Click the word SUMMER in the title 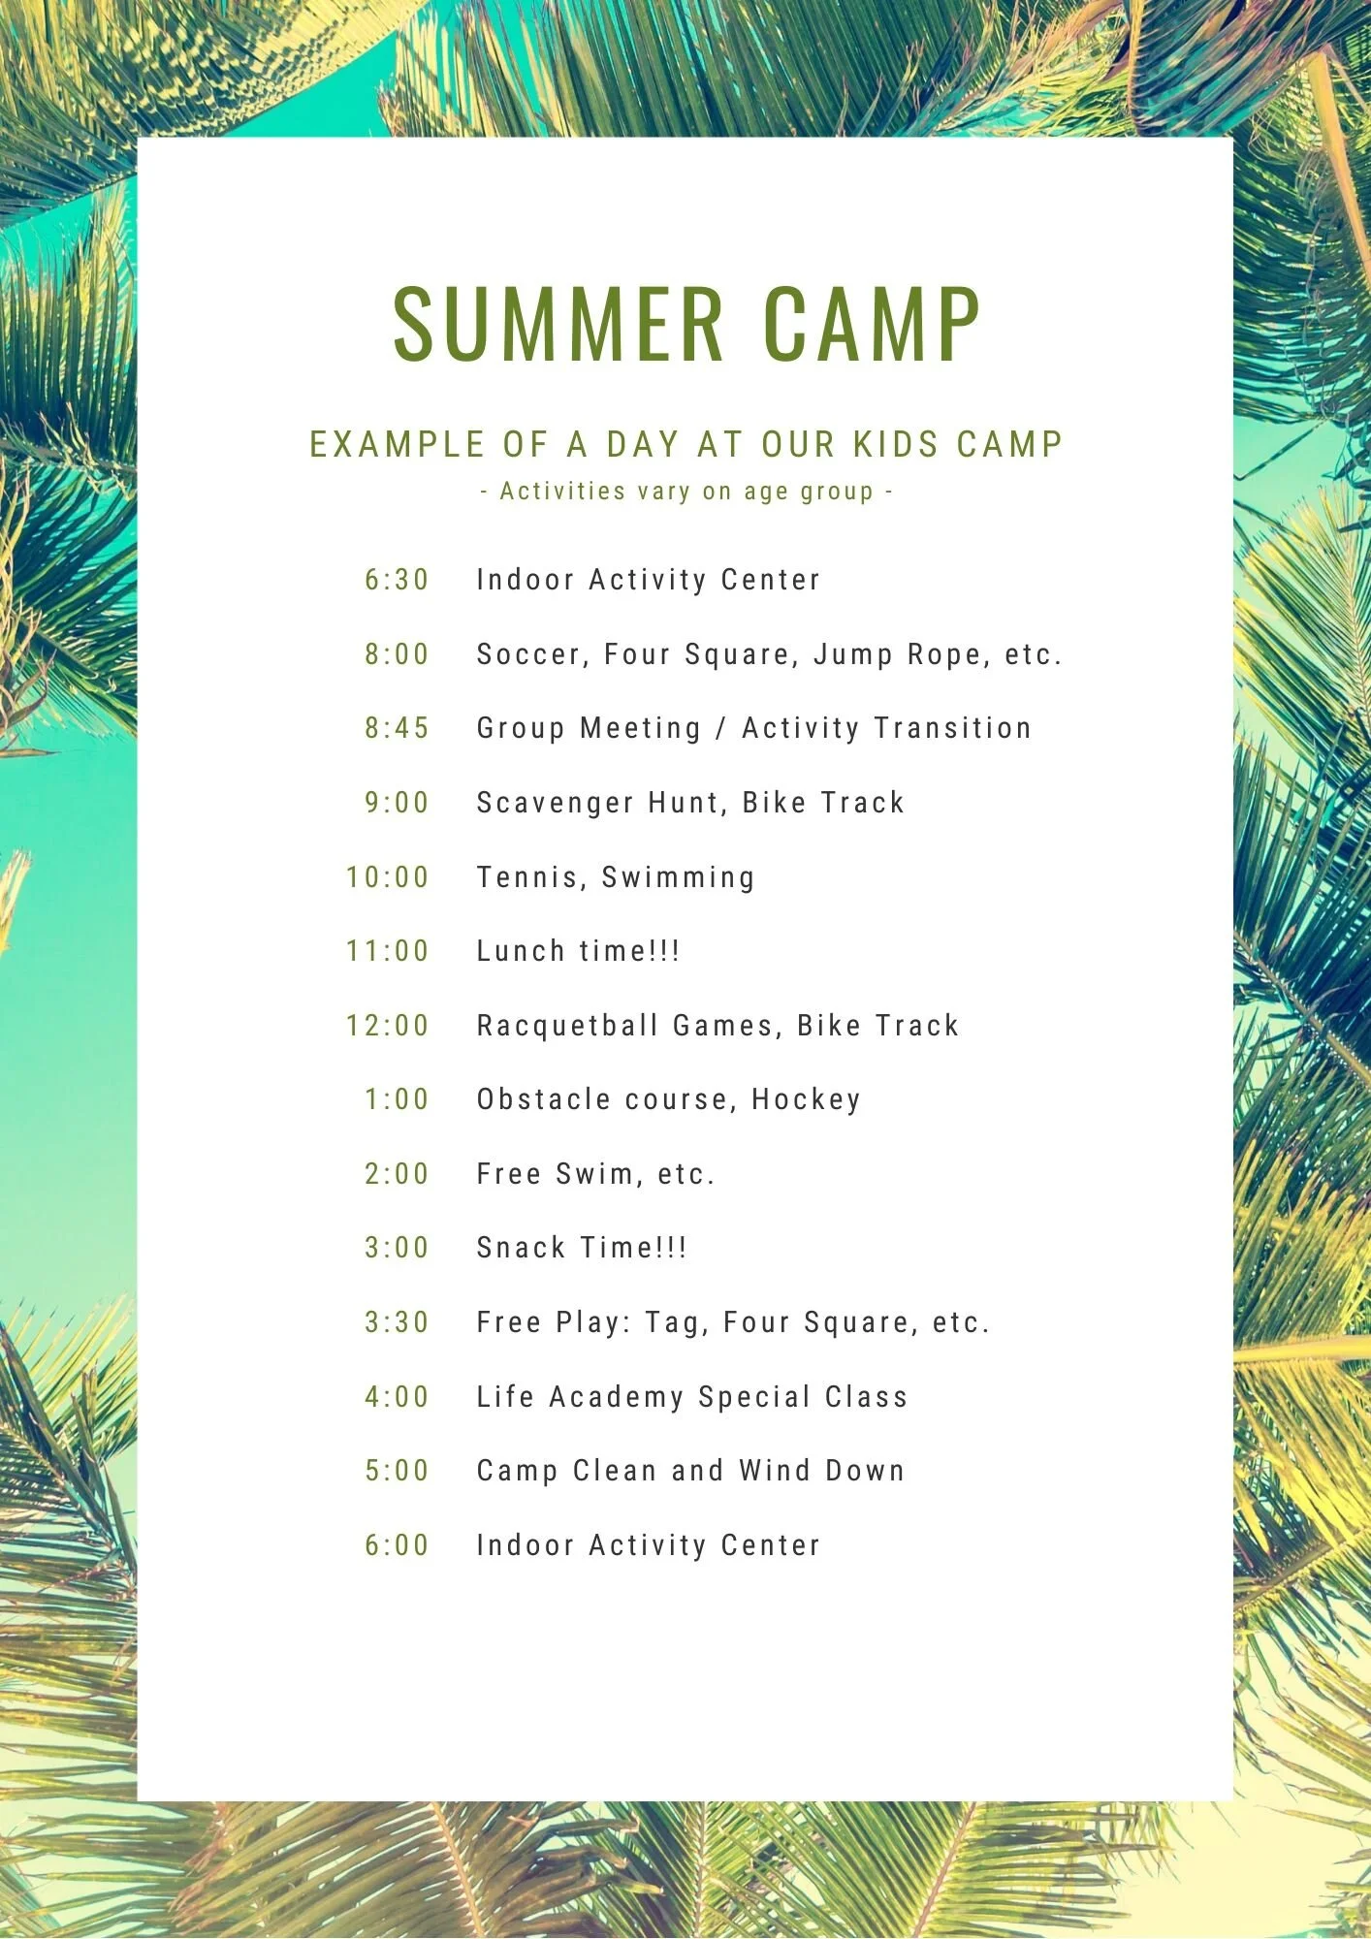point(559,324)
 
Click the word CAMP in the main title point(872,324)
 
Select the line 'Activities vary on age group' point(686,492)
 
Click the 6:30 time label point(397,580)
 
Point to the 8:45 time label point(397,728)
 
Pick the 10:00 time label point(388,877)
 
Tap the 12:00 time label point(388,1026)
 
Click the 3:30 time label point(397,1322)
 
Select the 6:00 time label point(397,1545)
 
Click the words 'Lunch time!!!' point(578,951)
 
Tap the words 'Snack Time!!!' point(582,1248)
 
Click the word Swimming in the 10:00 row point(678,877)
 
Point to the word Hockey point(806,1099)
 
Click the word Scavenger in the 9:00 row point(555,803)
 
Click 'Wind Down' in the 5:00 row point(821,1471)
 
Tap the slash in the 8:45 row point(720,728)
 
